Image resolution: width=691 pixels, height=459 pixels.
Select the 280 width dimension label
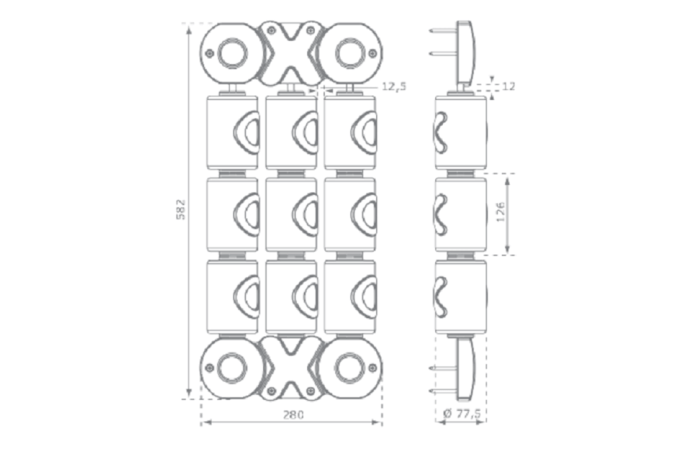click(292, 414)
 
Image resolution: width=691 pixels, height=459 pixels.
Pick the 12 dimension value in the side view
click(509, 86)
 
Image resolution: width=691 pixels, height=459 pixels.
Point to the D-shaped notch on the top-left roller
click(246, 132)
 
